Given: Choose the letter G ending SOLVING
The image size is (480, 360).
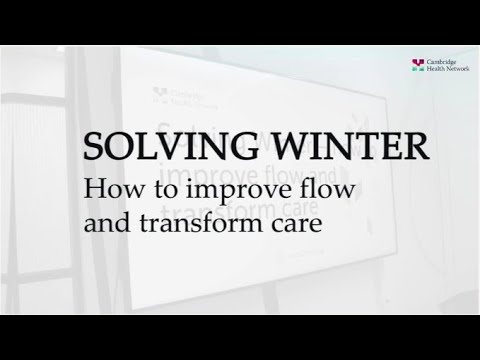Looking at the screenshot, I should pos(232,149).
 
